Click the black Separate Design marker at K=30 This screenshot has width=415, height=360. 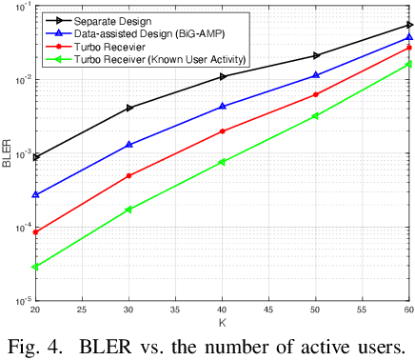click(129, 108)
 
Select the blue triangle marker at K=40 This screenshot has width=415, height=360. click(223, 107)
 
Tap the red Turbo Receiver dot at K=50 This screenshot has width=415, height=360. click(316, 94)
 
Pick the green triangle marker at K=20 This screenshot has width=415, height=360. click(35, 267)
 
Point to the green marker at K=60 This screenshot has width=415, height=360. click(408, 64)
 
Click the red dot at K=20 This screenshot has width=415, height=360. click(35, 231)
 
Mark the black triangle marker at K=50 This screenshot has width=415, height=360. click(316, 56)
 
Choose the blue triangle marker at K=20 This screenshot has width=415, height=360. click(35, 194)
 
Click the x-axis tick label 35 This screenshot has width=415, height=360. click(176, 310)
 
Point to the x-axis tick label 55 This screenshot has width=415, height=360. click(363, 310)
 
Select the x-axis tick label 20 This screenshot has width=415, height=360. click(36, 310)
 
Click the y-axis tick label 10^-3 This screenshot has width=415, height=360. click(20, 153)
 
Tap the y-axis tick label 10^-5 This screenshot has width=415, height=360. click(20, 300)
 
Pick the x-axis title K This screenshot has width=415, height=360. click(223, 322)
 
